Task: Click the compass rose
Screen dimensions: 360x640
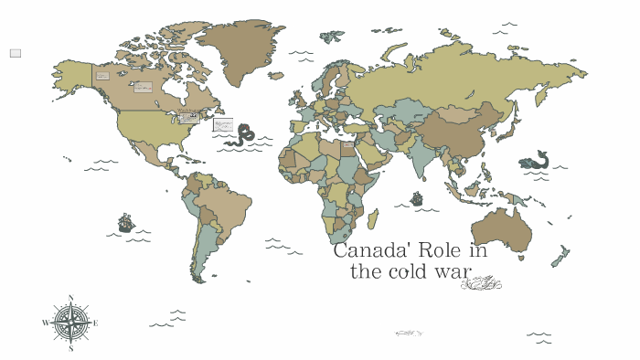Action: pos(70,323)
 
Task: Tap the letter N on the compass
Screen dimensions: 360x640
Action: pos(70,297)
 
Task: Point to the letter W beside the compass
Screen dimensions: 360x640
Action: pos(45,323)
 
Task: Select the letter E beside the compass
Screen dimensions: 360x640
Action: pos(96,323)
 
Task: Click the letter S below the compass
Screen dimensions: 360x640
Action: pos(70,349)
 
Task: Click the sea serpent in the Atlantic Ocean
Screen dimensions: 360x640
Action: pos(242,136)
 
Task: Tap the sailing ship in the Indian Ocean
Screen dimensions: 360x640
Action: pos(417,198)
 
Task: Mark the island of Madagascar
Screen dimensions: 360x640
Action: pos(373,218)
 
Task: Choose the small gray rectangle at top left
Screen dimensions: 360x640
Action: pos(16,53)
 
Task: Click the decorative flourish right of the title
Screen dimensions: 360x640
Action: pos(481,283)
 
